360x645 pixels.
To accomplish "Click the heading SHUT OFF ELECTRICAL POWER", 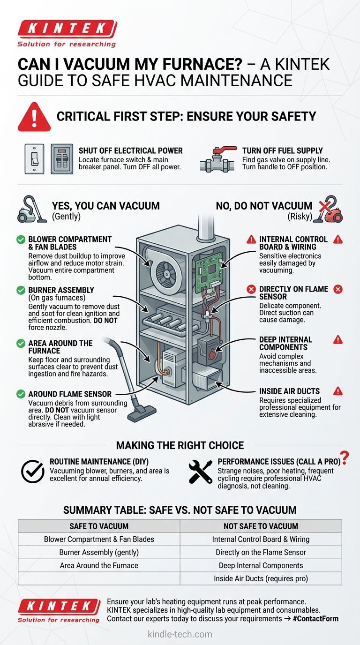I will (x=130, y=150).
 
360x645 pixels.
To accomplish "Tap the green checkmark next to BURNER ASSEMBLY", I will (x=21, y=290).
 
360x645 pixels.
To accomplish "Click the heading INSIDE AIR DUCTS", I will (x=289, y=391).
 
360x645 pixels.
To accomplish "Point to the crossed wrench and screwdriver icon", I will (x=200, y=471).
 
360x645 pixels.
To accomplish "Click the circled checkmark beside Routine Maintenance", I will (x=33, y=471).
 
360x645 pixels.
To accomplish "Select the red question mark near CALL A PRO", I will (x=345, y=457).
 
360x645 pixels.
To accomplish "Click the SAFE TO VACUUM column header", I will (x=99, y=526).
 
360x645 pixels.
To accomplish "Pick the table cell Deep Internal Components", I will (x=261, y=565).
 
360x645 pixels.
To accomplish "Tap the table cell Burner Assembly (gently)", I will (x=99, y=552).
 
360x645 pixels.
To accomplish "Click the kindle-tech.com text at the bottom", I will (x=180, y=634).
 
